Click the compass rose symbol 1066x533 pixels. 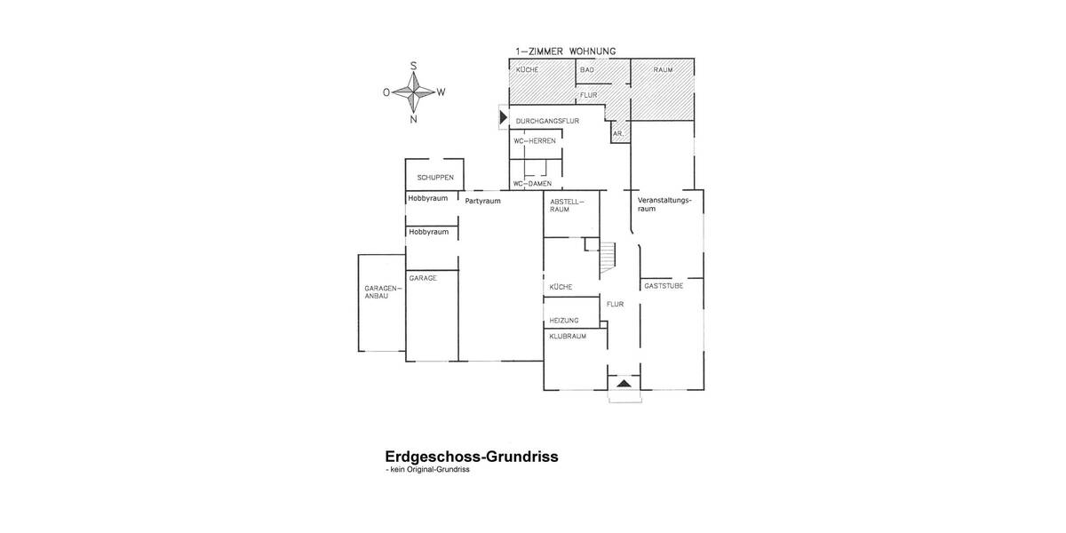[x=414, y=91]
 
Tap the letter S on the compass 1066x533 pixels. [x=414, y=65]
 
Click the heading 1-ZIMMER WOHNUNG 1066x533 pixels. [x=566, y=52]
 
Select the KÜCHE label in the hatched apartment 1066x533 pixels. [x=527, y=69]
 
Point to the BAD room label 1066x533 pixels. [x=586, y=69]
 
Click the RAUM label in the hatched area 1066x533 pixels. [x=663, y=69]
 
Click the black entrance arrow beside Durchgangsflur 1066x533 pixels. [x=503, y=116]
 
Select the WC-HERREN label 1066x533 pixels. [x=535, y=140]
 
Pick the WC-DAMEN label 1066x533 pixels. [x=533, y=184]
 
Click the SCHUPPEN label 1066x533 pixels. [x=435, y=177]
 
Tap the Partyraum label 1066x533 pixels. [x=483, y=201]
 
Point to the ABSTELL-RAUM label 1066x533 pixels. [x=566, y=205]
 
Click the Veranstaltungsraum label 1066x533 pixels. [x=664, y=205]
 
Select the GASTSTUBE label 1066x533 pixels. [x=664, y=285]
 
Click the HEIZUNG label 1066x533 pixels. [x=564, y=320]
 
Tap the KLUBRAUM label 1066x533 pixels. [x=567, y=337]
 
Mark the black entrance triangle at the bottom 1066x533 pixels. [x=624, y=383]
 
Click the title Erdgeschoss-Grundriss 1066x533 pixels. [x=471, y=457]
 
